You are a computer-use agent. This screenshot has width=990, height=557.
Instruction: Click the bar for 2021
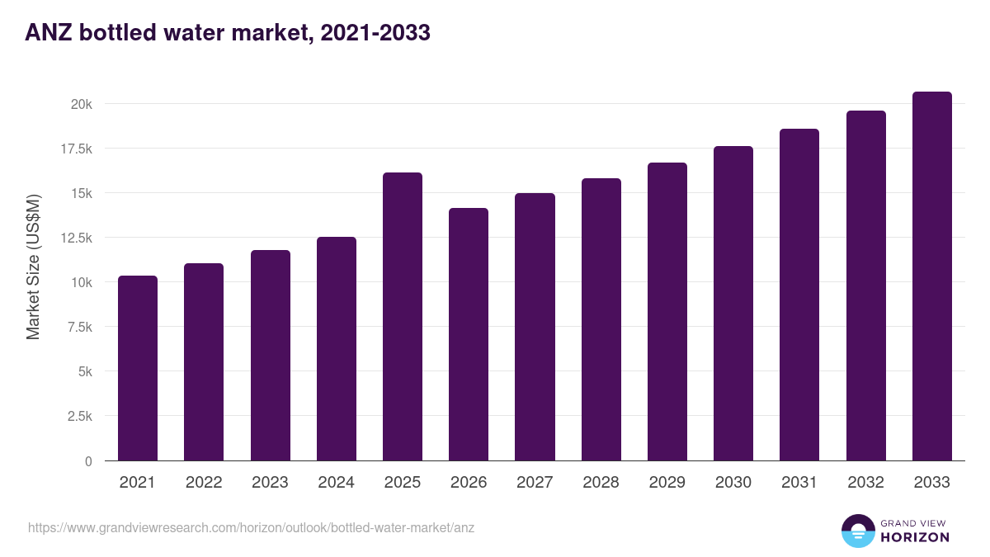tap(138, 368)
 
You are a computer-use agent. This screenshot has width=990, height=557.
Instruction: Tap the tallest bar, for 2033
tap(931, 276)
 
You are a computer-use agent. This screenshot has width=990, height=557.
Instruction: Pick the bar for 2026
tap(469, 334)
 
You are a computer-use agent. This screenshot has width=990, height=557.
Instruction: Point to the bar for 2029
tap(667, 311)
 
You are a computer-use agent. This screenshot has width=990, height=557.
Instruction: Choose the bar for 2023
tap(270, 355)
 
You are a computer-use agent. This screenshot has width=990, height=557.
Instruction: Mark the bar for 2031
tap(799, 295)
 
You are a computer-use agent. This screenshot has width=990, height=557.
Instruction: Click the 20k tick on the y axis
tap(81, 104)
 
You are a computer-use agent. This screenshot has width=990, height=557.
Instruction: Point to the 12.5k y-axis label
tap(74, 238)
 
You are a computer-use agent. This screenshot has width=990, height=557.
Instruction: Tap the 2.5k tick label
tap(78, 416)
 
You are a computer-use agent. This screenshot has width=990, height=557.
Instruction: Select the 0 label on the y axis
tap(87, 460)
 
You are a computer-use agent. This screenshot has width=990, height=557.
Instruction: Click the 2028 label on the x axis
tap(601, 483)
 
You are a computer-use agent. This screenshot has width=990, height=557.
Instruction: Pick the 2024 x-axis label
tap(336, 483)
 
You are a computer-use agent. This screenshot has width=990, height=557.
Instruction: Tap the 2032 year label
tap(865, 483)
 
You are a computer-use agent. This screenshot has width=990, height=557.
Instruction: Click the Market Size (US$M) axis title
tap(33, 267)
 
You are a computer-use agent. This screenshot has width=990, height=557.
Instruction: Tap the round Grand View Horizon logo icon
tap(857, 531)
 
